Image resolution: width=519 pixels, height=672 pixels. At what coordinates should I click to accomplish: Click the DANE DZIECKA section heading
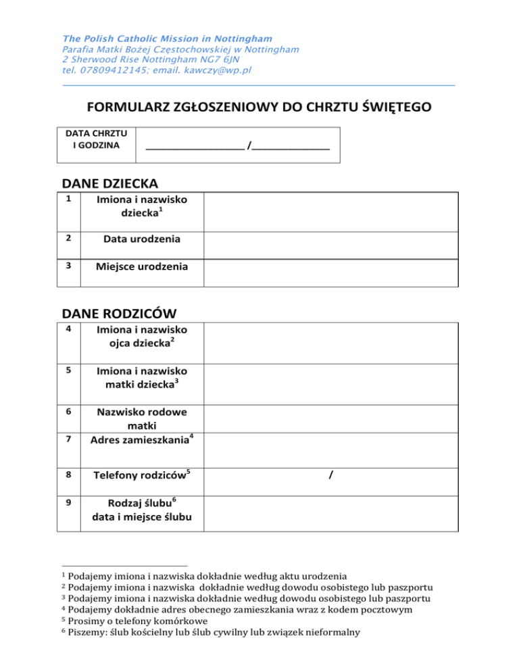coord(110,183)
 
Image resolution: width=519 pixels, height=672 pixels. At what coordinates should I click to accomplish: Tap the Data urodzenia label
coord(142,239)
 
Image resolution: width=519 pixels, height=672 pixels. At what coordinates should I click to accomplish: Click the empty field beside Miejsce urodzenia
coord(331,267)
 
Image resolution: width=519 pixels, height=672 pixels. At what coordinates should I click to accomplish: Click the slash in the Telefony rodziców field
coord(330,475)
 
